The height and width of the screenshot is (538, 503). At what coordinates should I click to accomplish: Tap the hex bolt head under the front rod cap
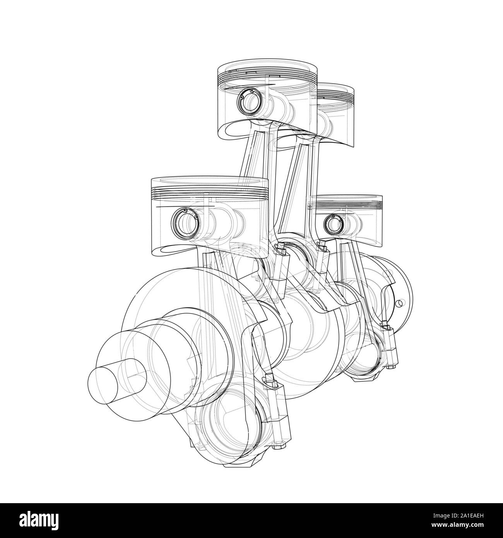tap(277, 446)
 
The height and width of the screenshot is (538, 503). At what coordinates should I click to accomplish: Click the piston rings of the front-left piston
tap(209, 192)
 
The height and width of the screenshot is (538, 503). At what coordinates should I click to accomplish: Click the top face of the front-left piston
tap(209, 182)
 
